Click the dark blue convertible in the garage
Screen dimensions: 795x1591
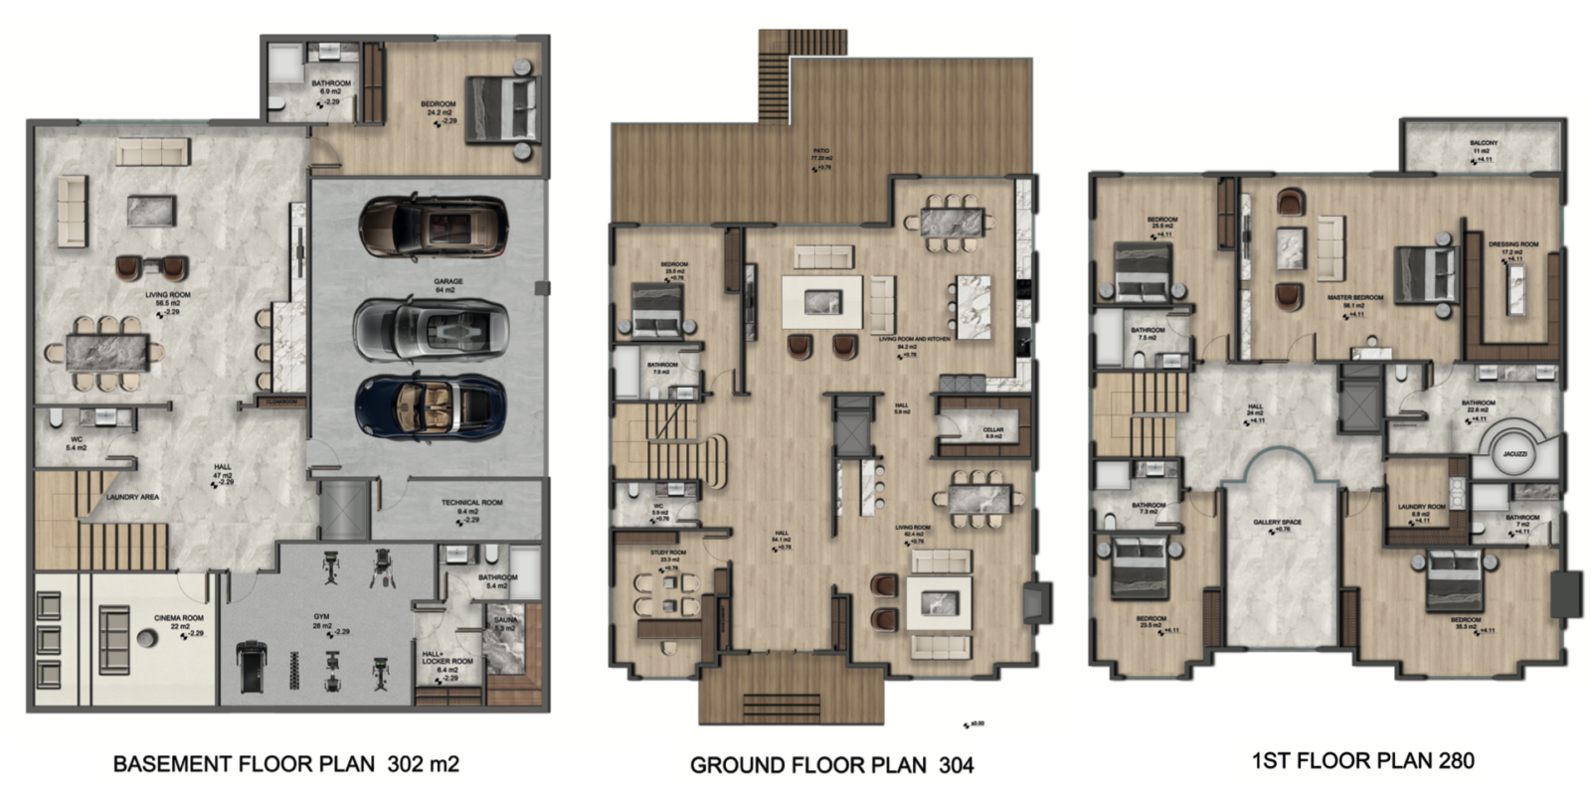point(431,406)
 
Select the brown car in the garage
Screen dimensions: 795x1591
point(433,228)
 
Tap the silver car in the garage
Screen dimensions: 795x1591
point(431,329)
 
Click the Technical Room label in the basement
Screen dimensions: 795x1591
point(471,503)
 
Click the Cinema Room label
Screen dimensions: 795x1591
point(179,618)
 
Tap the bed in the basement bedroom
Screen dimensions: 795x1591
point(506,107)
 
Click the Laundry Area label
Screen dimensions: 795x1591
point(132,497)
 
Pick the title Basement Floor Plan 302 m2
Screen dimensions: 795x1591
point(285,764)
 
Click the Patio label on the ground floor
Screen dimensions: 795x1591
point(820,152)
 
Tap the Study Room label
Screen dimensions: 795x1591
point(668,553)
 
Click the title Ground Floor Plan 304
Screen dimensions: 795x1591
point(831,765)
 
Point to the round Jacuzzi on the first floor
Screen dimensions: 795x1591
point(1514,451)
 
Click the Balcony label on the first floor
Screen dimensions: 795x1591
point(1483,143)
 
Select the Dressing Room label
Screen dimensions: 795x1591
point(1512,244)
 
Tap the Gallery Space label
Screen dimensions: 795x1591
point(1277,522)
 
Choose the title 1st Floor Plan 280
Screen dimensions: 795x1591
point(1362,761)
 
